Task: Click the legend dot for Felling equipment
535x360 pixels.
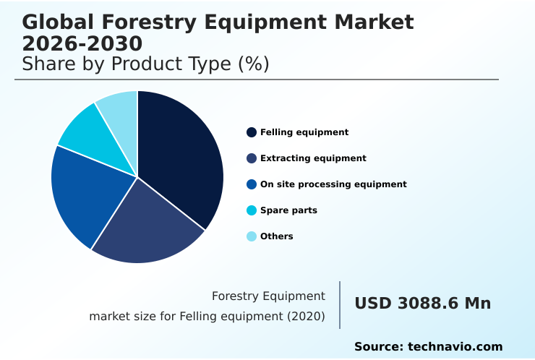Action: (252, 132)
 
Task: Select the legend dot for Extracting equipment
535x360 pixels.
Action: (252, 158)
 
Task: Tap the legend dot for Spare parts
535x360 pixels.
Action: (252, 210)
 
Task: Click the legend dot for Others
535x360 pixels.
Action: (252, 236)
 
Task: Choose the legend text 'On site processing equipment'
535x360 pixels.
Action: (333, 184)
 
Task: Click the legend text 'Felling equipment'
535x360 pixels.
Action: (304, 132)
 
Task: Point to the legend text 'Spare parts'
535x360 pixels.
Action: (288, 210)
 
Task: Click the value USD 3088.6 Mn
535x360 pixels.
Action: (422, 304)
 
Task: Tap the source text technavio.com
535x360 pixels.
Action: (455, 347)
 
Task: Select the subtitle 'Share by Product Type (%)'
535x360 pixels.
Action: (145, 64)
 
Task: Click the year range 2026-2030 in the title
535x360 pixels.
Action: (82, 43)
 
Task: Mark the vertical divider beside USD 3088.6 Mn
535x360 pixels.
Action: (340, 304)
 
